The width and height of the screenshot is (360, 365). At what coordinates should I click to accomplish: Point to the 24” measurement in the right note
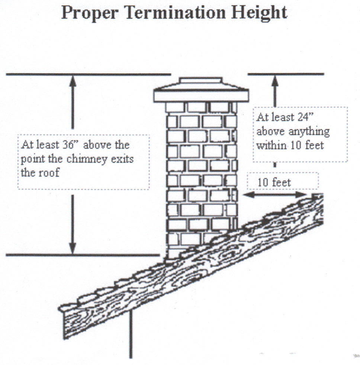[x=304, y=117]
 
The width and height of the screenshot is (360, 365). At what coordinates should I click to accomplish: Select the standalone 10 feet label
[x=274, y=182]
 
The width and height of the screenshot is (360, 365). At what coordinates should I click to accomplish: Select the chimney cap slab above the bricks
[x=201, y=96]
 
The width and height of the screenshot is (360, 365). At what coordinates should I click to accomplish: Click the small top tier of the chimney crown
[x=201, y=80]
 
